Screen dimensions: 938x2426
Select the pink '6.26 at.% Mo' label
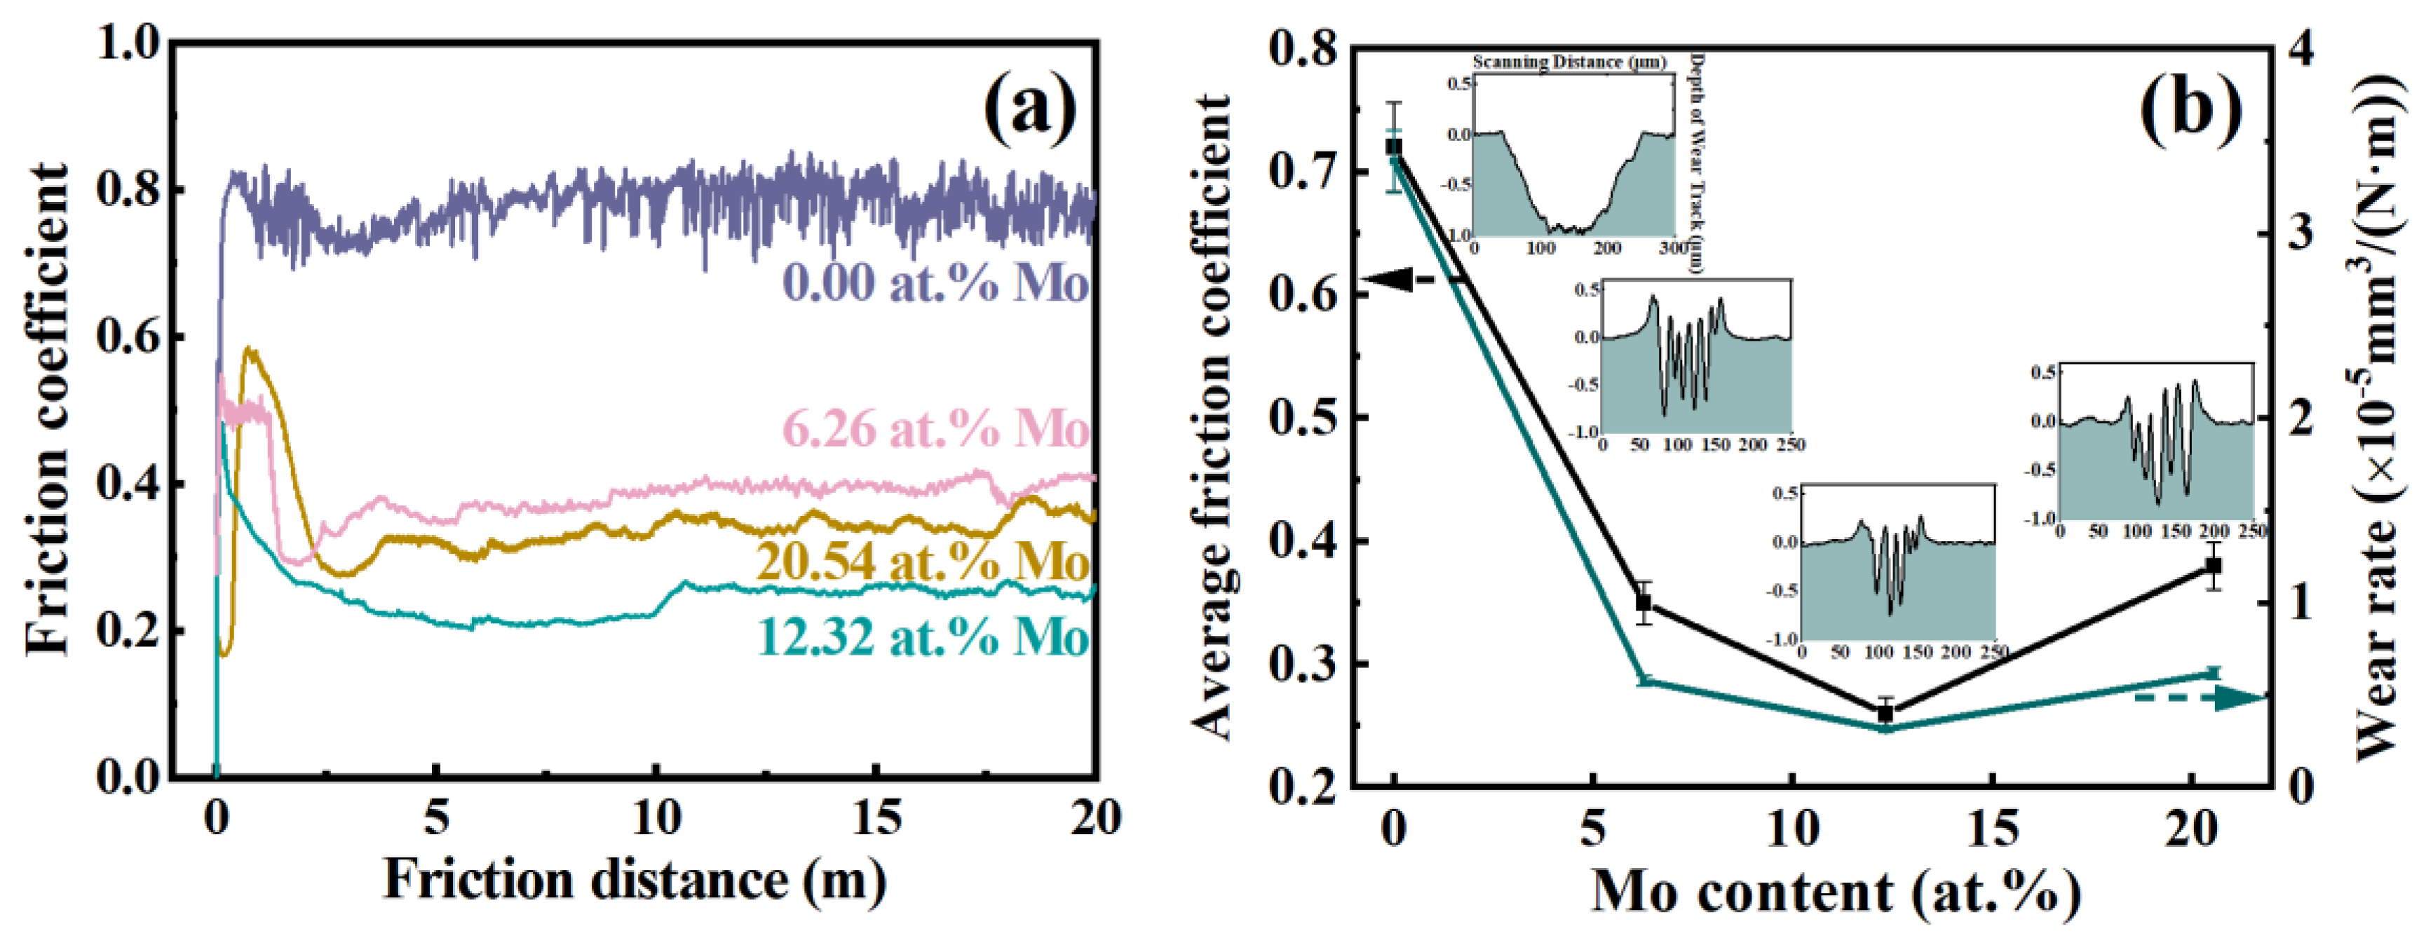point(935,430)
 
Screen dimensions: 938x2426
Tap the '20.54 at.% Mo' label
point(923,562)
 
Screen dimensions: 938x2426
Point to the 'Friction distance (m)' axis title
point(634,881)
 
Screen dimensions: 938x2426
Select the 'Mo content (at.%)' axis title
point(1834,890)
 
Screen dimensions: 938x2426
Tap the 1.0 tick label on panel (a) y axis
point(130,42)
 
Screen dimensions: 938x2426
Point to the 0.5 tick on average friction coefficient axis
point(1303,417)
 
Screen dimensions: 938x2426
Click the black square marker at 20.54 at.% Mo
point(2214,565)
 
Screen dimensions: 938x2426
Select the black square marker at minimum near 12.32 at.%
point(1885,714)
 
